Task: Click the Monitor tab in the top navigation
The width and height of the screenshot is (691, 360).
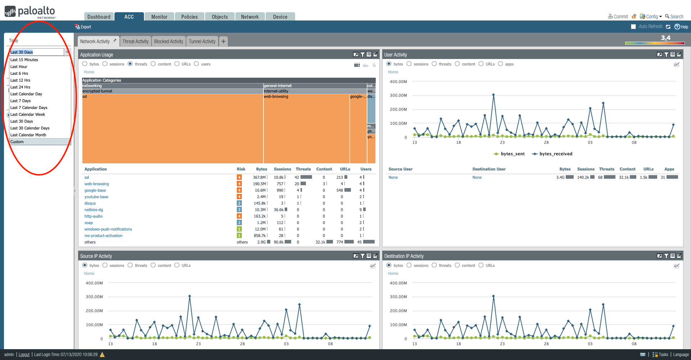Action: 159,17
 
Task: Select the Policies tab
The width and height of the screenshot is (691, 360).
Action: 189,17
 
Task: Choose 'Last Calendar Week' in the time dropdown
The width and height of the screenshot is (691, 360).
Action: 28,114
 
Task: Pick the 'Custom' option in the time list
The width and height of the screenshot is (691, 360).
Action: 17,142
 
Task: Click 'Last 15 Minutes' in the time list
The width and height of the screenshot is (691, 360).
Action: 24,60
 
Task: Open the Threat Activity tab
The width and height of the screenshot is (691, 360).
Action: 135,41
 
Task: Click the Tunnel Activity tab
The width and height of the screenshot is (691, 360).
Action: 202,41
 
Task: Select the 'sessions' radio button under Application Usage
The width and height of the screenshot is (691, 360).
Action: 105,64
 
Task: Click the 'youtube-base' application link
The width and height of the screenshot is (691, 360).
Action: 96,197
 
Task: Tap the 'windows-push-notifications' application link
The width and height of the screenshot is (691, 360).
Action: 108,229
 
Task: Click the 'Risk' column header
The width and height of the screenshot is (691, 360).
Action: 241,169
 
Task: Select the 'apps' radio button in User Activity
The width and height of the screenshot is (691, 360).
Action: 501,64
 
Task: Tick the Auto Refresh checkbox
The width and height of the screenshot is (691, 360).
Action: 633,27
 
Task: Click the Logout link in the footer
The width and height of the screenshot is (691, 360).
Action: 24,355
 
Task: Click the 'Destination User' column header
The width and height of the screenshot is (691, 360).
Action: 489,169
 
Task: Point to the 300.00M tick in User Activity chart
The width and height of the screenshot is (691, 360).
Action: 398,95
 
